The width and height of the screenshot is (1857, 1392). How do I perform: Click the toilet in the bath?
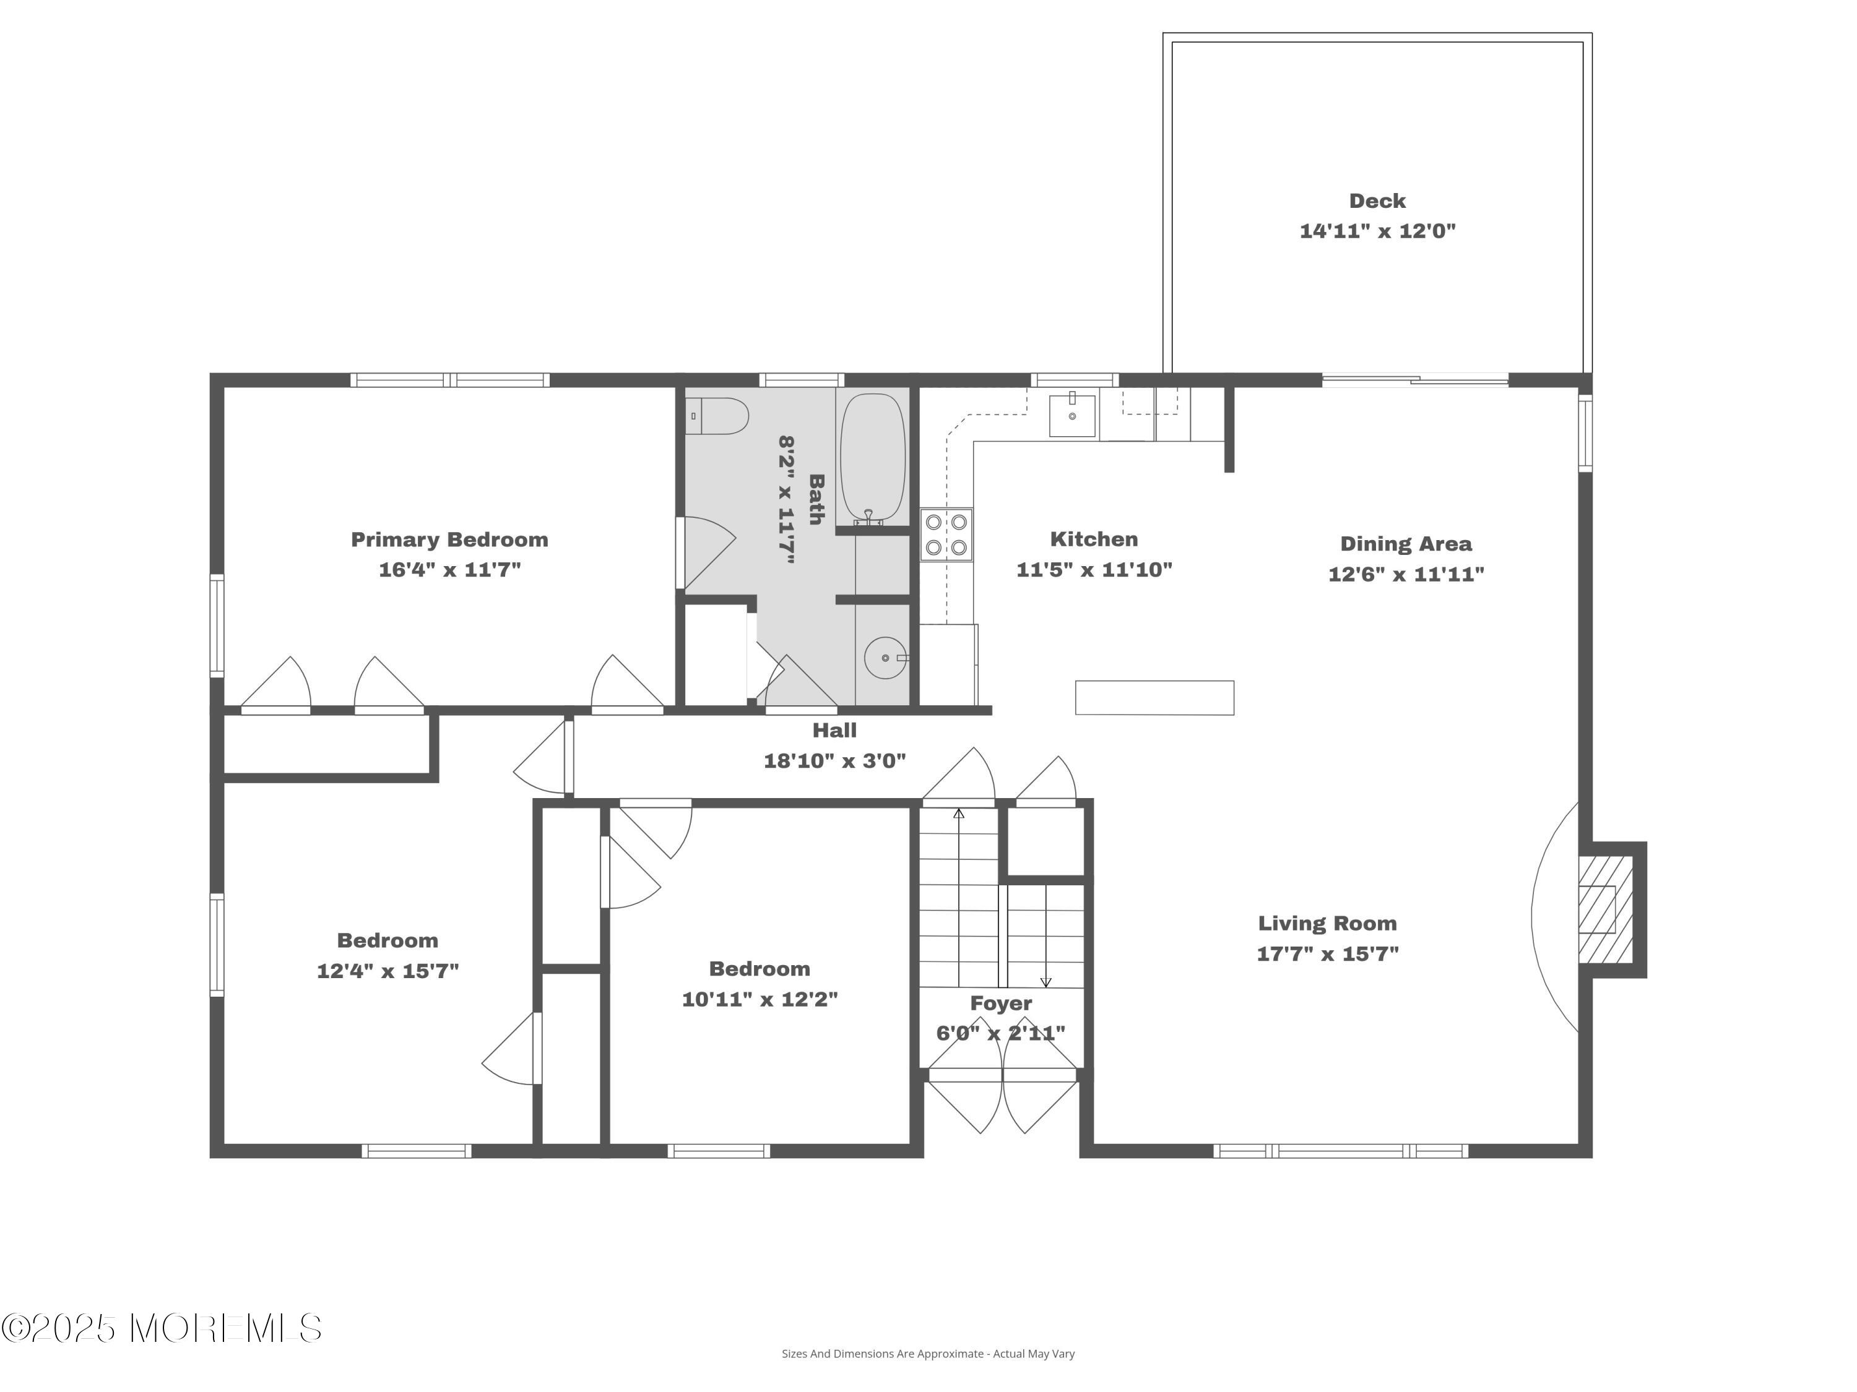tap(718, 416)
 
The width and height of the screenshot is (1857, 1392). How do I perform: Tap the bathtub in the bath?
tap(873, 458)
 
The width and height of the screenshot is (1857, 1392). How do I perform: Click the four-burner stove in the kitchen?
tap(946, 535)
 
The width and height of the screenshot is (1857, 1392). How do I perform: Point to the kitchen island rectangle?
tap(1154, 697)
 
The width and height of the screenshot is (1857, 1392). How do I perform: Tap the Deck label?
tap(1377, 201)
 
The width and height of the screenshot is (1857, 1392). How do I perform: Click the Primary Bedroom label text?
tap(449, 539)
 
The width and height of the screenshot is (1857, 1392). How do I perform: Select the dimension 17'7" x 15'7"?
tap(1327, 953)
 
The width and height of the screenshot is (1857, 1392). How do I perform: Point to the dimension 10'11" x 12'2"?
tap(760, 999)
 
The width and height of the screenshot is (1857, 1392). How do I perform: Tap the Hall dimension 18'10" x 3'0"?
tap(834, 760)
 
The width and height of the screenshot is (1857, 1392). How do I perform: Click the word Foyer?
tap(1001, 1003)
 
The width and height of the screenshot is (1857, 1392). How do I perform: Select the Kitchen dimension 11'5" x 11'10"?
tap(1094, 570)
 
